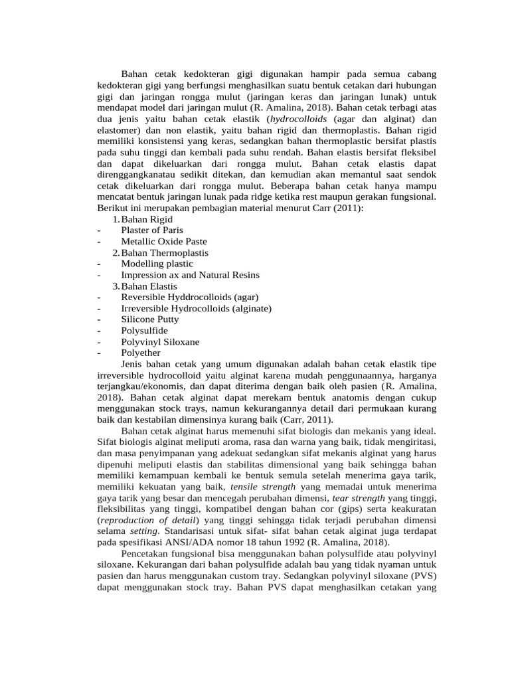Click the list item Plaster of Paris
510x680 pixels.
point(151,230)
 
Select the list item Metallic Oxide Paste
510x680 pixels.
point(163,242)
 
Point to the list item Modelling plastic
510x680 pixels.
point(157,264)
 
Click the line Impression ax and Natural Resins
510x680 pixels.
point(190,275)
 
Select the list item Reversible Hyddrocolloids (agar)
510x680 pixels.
point(189,297)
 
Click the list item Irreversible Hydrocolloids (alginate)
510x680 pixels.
point(196,309)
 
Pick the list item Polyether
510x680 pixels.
point(140,353)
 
